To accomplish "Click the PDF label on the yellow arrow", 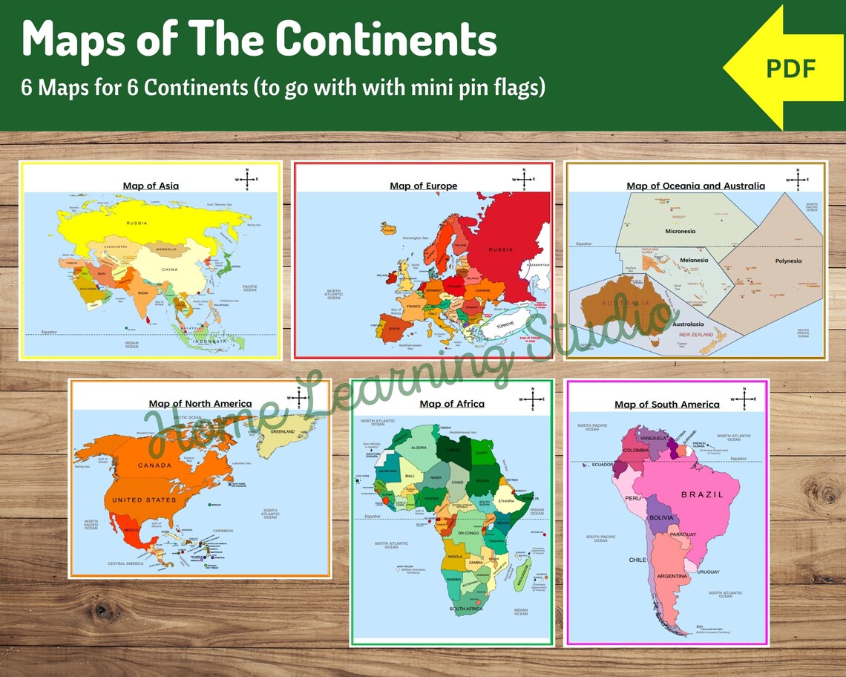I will pos(790,68).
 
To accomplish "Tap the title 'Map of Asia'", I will pos(151,186).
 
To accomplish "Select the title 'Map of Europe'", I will pos(423,186).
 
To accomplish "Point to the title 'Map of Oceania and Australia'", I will pos(695,186).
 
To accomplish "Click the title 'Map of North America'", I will pos(200,404).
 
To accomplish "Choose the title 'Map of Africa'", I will pos(451,404).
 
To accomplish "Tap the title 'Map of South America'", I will pos(666,405).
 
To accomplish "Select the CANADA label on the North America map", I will pos(154,465).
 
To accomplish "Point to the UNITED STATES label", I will pos(144,500).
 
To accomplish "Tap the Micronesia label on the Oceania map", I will pos(680,231).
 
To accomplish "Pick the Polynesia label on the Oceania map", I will pos(788,261).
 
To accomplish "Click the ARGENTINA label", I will pos(672,576).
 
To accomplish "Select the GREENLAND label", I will pos(282,431).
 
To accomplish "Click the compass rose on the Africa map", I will pos(532,399).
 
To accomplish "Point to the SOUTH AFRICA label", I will pos(465,609).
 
